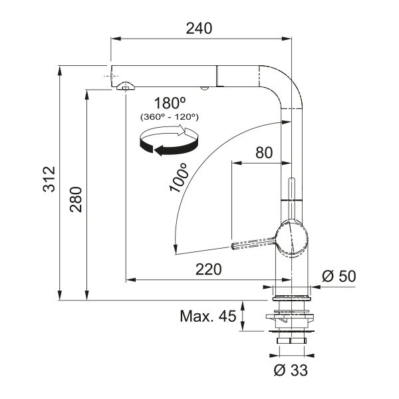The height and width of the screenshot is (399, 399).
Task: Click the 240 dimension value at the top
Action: pyautogui.click(x=199, y=28)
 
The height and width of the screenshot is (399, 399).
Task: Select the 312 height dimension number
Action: pyautogui.click(x=49, y=179)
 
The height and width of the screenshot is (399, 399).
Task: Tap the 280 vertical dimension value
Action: pyautogui.click(x=76, y=199)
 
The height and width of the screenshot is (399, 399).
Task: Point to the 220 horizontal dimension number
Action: pyautogui.click(x=208, y=269)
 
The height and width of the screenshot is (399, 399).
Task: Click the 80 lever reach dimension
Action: pyautogui.click(x=264, y=153)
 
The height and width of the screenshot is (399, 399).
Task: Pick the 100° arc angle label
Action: pyautogui.click(x=179, y=178)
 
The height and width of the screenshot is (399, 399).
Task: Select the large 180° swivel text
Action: pyautogui.click(x=170, y=103)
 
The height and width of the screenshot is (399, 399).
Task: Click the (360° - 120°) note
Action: pyautogui.click(x=170, y=117)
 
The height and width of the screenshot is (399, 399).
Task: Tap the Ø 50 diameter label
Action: pyautogui.click(x=339, y=276)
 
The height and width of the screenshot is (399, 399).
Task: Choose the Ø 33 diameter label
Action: pyautogui.click(x=291, y=370)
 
